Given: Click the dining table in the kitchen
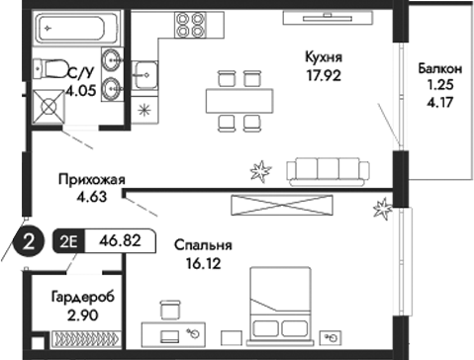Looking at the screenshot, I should point(237,99).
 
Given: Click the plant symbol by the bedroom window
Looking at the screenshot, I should point(380,208).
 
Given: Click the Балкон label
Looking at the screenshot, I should point(438,69).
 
